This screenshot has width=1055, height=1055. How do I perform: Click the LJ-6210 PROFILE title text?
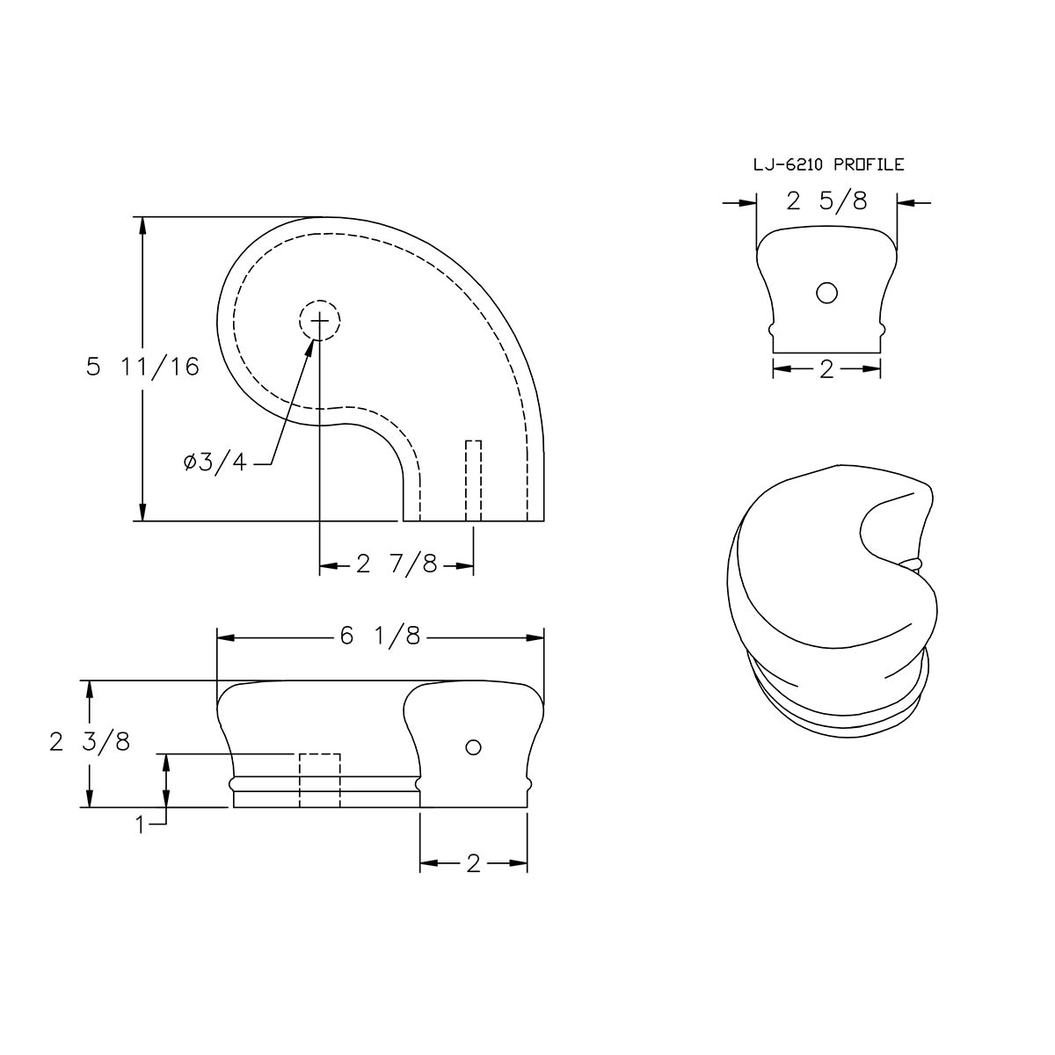point(828,164)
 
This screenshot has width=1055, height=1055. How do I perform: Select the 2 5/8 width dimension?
point(826,202)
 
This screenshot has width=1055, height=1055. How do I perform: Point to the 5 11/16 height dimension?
point(142,367)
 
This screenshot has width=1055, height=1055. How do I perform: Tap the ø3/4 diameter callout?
point(216,463)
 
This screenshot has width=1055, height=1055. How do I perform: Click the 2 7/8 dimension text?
point(397,564)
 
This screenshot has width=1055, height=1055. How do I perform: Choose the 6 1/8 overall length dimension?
point(379,637)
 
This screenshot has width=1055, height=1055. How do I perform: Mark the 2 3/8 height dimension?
point(90,743)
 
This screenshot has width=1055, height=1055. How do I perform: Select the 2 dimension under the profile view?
point(826,370)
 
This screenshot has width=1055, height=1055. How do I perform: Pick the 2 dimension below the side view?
point(473,864)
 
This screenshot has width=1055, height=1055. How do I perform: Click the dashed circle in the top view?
point(320,322)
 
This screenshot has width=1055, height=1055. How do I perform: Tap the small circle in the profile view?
point(826,293)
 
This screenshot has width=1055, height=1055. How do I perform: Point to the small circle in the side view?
point(474,747)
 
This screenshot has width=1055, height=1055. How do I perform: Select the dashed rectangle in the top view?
point(474,480)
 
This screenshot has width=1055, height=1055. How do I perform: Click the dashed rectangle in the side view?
point(319,780)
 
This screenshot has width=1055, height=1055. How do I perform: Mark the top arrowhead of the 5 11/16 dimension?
point(142,225)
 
